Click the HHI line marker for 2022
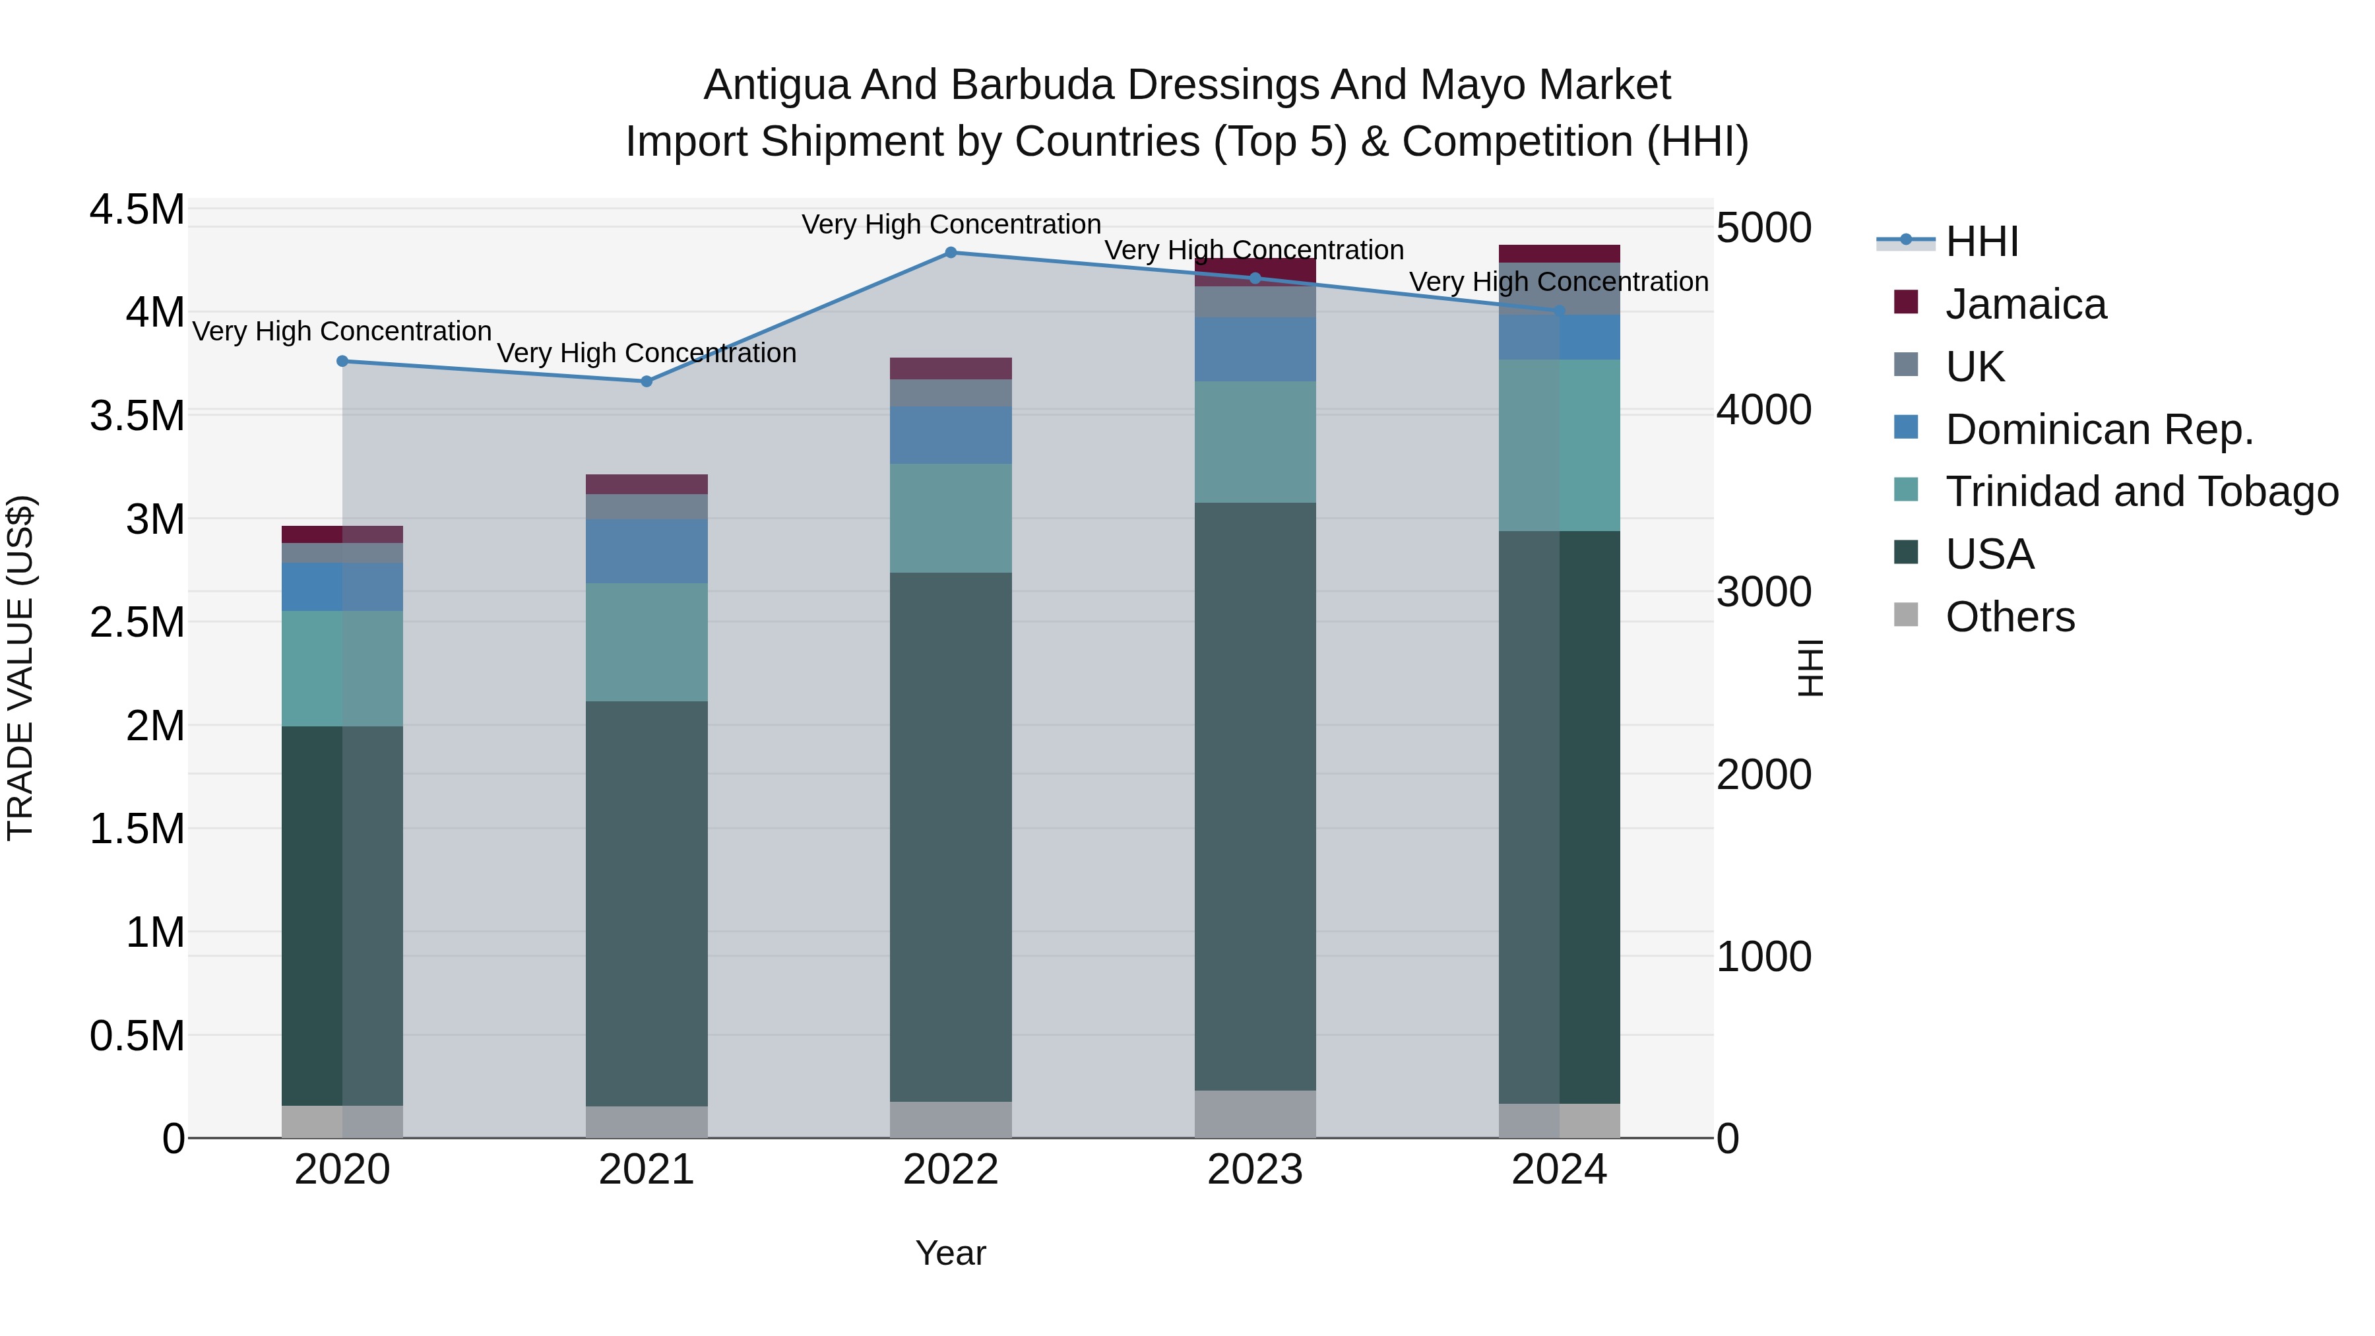tap(951, 252)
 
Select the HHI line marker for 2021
tap(647, 381)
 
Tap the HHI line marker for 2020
tap(342, 360)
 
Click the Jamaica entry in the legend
tap(2025, 304)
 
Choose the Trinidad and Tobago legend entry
tap(2141, 492)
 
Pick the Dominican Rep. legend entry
tap(2099, 429)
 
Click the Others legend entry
tap(2009, 617)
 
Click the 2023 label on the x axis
tap(1255, 1170)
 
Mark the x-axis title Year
tap(951, 1253)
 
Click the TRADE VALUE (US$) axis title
tap(20, 668)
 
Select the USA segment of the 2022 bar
tap(951, 837)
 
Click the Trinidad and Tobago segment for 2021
tap(647, 642)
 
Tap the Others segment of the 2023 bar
tap(1255, 1114)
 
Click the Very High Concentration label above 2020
tap(342, 331)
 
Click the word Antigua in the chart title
tap(776, 85)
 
